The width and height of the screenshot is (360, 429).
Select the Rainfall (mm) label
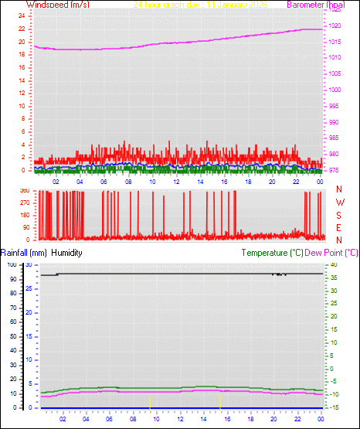(24, 253)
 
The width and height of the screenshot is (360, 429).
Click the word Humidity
(67, 253)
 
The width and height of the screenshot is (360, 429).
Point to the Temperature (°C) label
(272, 253)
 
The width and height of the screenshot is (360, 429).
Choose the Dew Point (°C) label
(332, 253)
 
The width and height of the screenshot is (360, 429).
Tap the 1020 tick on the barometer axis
(335, 26)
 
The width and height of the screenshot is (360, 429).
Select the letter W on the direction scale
(338, 203)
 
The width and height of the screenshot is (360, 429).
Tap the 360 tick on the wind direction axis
(24, 190)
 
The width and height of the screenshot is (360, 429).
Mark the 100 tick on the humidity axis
(12, 265)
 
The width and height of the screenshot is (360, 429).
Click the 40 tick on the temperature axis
(334, 265)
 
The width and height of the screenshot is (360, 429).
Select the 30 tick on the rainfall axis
(29, 265)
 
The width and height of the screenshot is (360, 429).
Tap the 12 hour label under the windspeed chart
(177, 182)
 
